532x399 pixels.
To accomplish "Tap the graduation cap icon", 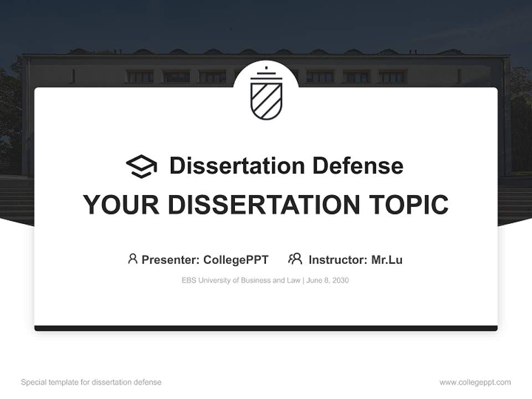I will pyautogui.click(x=141, y=166).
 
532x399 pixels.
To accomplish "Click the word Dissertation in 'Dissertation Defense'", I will pyautogui.click(x=237, y=166).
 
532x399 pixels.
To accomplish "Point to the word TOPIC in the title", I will pyautogui.click(x=411, y=205).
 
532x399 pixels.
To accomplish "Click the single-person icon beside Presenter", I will pyautogui.click(x=132, y=259).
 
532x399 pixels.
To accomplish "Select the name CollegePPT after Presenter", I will pyautogui.click(x=236, y=259).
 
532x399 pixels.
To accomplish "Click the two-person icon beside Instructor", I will pyautogui.click(x=295, y=259).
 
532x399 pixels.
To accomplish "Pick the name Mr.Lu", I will pyautogui.click(x=387, y=259).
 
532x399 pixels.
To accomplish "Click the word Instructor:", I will pyautogui.click(x=337, y=259).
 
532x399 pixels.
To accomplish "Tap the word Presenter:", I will pyautogui.click(x=171, y=259).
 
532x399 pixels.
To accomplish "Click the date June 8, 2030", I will pyautogui.click(x=328, y=280).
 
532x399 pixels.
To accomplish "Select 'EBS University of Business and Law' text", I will pyautogui.click(x=241, y=280).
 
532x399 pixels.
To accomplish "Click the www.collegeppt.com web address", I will pyautogui.click(x=475, y=382).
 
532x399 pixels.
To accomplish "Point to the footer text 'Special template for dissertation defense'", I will pyautogui.click(x=91, y=382).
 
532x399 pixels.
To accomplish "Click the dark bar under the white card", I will pyautogui.click(x=266, y=328).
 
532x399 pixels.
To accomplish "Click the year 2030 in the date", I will pyautogui.click(x=340, y=280).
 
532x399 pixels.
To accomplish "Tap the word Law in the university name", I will pyautogui.click(x=294, y=280).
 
